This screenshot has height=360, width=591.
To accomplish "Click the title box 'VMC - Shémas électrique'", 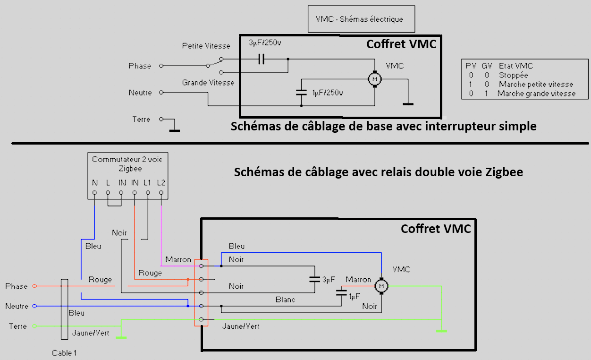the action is (x=361, y=19).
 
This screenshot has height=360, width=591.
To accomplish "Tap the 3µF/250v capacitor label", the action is (x=265, y=43).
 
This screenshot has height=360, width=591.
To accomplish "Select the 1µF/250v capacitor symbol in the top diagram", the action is (x=301, y=93).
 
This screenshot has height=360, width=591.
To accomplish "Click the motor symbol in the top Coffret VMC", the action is (x=375, y=79).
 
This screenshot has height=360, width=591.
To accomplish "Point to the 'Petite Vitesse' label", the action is (x=206, y=46).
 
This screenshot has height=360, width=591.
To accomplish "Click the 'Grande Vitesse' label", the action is (x=208, y=83).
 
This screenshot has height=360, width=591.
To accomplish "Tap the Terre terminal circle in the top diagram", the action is (x=161, y=119).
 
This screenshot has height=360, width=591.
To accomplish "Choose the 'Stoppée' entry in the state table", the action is (x=513, y=75).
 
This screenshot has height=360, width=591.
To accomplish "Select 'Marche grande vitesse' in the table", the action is (x=536, y=94).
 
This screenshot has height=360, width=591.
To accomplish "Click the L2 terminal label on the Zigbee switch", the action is (x=161, y=182).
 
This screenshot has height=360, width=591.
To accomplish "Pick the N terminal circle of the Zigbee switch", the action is (x=94, y=193).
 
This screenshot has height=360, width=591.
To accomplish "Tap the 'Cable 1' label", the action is (x=64, y=353).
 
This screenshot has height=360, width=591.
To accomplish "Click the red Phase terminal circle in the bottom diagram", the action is (x=34, y=286).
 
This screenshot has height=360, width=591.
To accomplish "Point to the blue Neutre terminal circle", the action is (x=34, y=306).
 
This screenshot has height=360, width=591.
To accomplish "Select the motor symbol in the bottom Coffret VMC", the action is (x=381, y=286).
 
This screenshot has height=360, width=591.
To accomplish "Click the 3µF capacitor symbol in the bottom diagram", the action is (x=314, y=279).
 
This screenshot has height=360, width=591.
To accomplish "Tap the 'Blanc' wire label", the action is (x=285, y=300).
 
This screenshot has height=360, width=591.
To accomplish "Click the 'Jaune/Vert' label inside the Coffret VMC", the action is (x=241, y=326).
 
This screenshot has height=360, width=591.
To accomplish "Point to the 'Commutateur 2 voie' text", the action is (x=127, y=160).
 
